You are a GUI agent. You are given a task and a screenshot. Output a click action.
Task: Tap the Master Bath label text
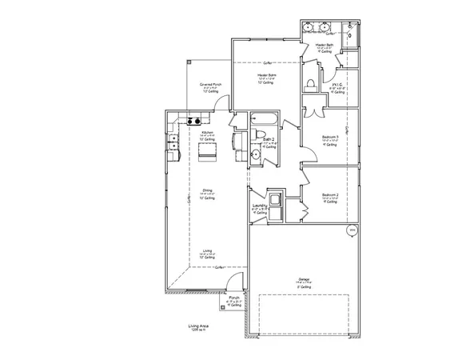coord(324,46)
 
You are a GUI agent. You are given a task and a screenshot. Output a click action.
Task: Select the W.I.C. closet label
coord(337,85)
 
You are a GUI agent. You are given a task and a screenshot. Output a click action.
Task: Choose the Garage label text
coord(303,279)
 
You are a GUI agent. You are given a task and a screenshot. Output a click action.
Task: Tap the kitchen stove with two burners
coord(193,122)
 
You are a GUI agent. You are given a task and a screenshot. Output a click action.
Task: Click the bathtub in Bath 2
coord(262,122)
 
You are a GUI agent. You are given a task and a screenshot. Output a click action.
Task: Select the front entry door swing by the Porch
coord(232,282)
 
